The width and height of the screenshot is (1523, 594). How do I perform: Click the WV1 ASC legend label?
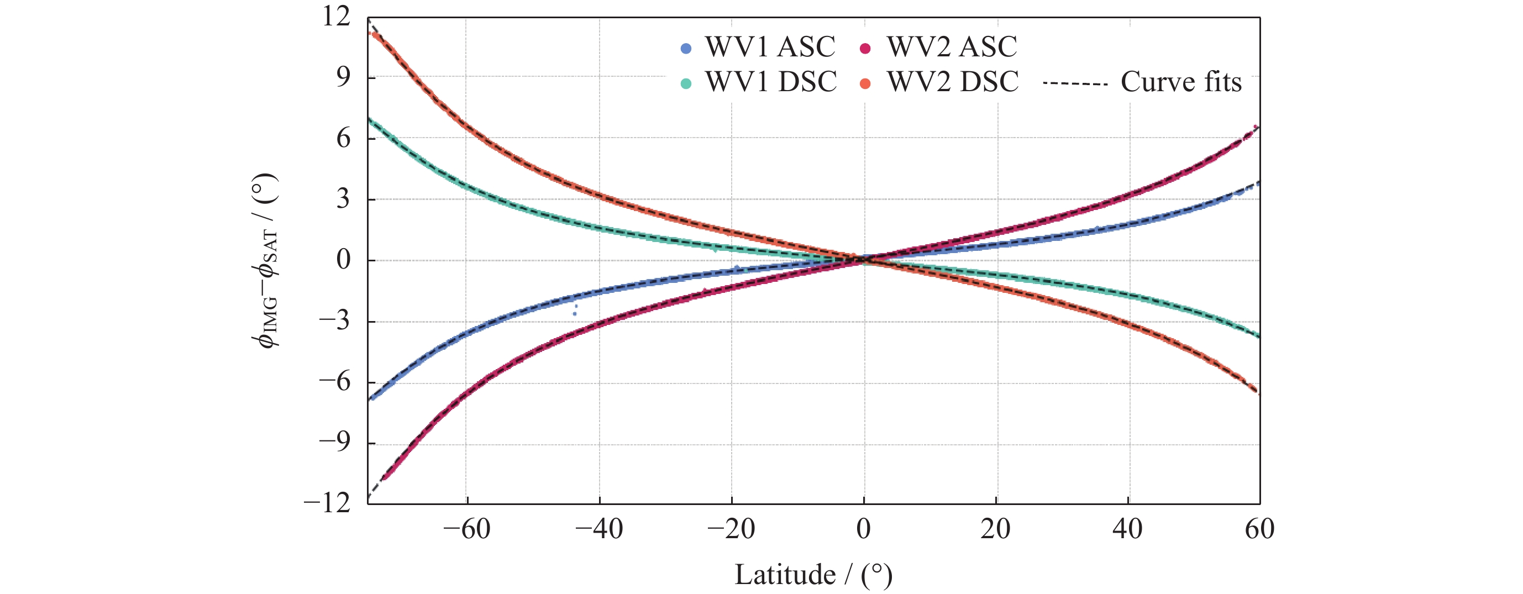coord(769,47)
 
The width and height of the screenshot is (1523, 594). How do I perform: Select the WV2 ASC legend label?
coord(951,47)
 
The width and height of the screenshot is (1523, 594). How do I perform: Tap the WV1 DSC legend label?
coord(770,82)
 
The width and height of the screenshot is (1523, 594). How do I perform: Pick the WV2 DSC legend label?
coord(953,82)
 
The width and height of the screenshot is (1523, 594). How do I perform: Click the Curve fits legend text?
coord(1181,82)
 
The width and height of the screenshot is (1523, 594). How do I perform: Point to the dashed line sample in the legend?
coord(1075,84)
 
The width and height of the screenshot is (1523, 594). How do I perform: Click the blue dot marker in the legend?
coord(686,49)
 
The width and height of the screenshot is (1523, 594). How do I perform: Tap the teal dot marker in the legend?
coord(686,83)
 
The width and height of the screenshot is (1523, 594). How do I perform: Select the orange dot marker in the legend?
coord(865,83)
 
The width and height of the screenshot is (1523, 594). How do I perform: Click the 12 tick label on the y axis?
coord(336,17)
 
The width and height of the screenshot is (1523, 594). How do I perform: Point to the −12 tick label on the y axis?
coord(327,503)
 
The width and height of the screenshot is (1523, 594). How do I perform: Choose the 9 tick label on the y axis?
coord(343,77)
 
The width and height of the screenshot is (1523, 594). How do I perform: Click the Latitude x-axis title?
coord(813,575)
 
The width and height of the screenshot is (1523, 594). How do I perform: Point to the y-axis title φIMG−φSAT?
coord(265,260)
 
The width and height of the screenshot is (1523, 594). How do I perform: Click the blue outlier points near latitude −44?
coord(575,311)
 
